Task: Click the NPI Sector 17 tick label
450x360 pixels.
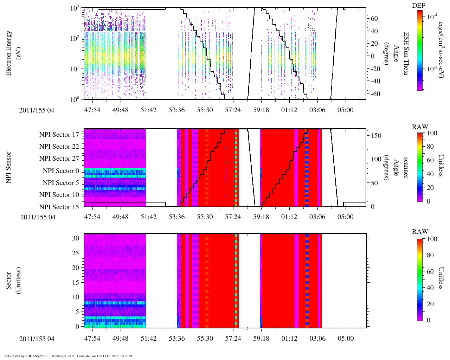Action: point(59,135)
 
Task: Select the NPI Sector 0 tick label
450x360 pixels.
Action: point(61,171)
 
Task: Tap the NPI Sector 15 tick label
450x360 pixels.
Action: point(59,207)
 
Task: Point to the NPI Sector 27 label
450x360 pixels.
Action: point(59,159)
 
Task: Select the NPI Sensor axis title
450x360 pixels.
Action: point(9,167)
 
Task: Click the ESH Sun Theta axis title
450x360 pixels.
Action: point(406,53)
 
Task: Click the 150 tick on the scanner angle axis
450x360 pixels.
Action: point(377,136)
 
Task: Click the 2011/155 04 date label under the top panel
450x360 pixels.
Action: point(37,110)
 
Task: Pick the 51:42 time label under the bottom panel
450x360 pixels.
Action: point(148,338)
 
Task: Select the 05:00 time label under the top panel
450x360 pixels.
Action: point(345,110)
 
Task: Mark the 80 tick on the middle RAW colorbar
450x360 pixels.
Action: point(430,147)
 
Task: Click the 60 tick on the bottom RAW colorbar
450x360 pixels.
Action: point(430,271)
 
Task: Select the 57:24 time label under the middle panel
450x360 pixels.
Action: point(233,217)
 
